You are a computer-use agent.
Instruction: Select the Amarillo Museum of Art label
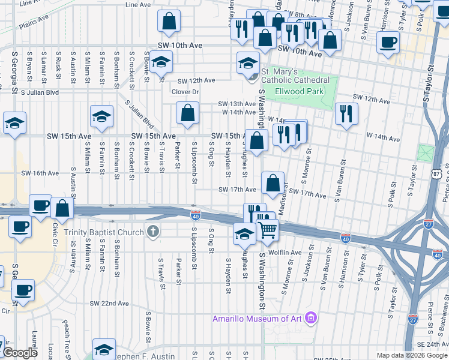[259, 318]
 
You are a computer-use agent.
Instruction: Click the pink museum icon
[311, 317]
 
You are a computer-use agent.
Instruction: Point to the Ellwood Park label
[299, 91]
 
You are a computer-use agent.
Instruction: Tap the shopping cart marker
[267, 229]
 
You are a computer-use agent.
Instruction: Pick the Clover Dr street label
[185, 92]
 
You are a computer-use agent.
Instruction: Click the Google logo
[20, 353]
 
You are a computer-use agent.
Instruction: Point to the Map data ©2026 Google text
[412, 355]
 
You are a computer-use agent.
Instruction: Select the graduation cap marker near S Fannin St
[102, 116]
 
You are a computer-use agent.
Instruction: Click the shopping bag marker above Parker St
[187, 112]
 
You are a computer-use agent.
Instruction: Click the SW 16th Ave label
[40, 173]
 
